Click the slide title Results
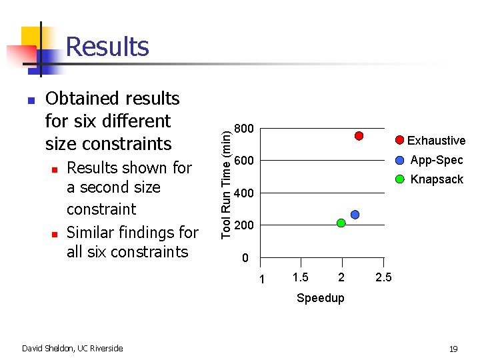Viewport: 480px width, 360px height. coord(107,47)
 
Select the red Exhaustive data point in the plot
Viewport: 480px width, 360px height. coord(359,136)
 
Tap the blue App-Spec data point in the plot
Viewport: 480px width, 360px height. coord(355,215)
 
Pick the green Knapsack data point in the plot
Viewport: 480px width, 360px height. coord(341,223)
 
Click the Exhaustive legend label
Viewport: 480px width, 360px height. coord(436,141)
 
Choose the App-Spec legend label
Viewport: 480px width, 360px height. coord(436,160)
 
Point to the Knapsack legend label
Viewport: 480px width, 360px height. coord(436,179)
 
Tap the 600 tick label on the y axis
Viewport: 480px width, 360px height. coord(245,161)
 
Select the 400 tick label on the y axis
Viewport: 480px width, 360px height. coord(245,193)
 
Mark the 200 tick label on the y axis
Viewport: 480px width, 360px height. coord(245,225)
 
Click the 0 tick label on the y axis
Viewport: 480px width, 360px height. coord(245,258)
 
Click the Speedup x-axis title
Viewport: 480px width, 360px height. coord(321,298)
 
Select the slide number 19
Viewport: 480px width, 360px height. coord(453,349)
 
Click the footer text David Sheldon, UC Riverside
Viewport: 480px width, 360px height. coord(72,348)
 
